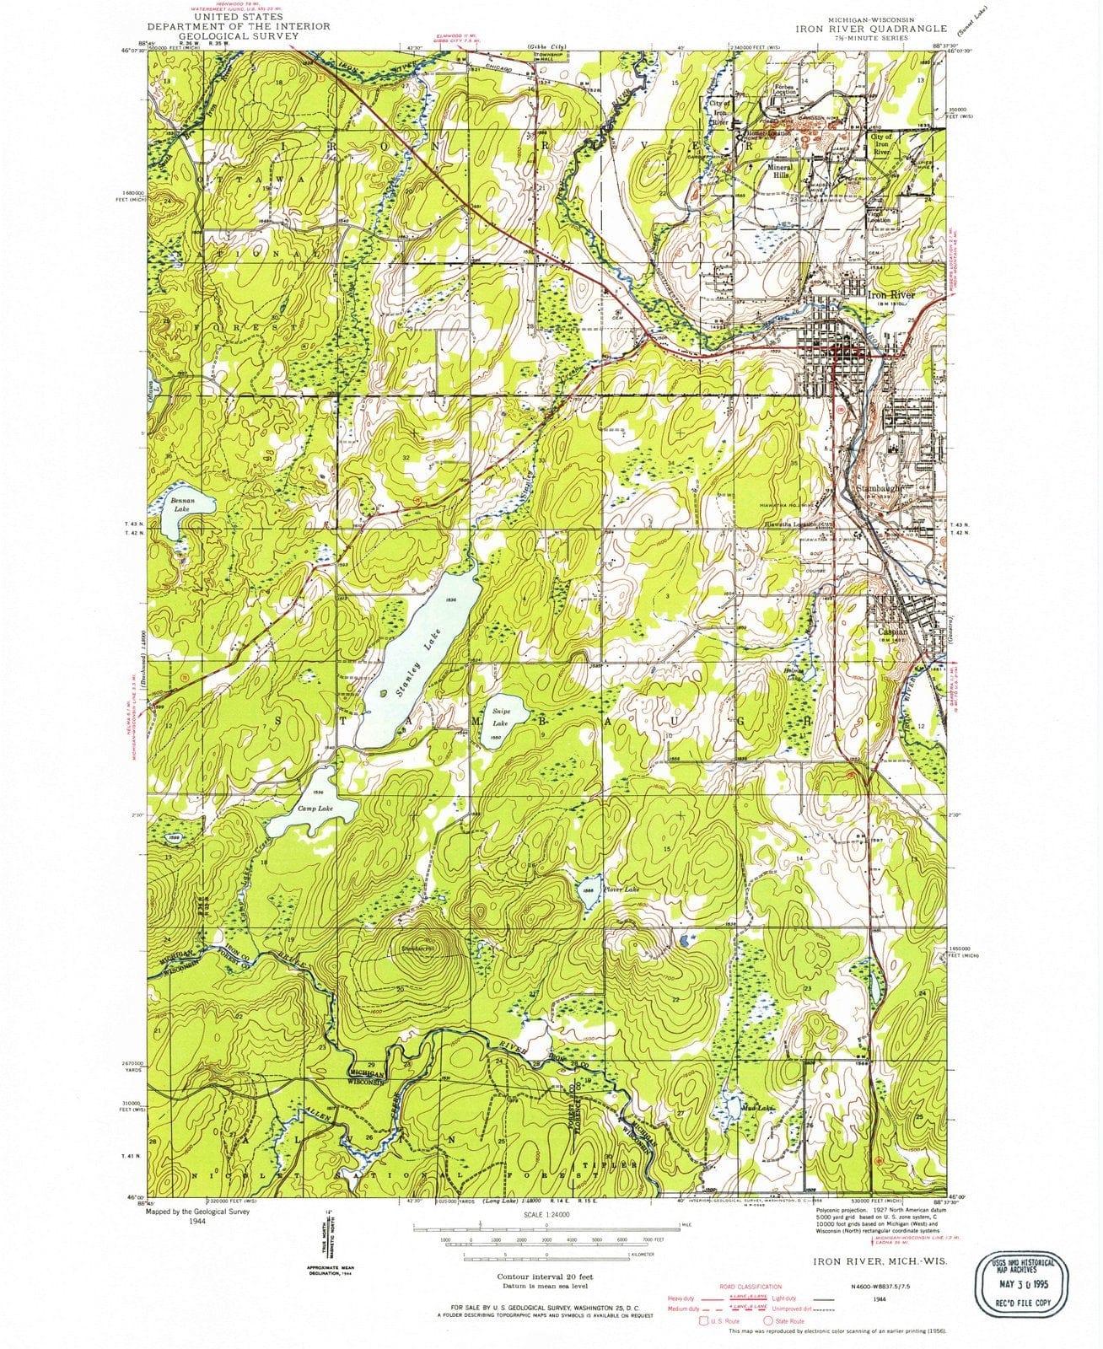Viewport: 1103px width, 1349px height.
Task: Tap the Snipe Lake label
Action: point(501,717)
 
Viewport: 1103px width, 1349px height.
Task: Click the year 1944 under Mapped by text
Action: point(198,1220)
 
